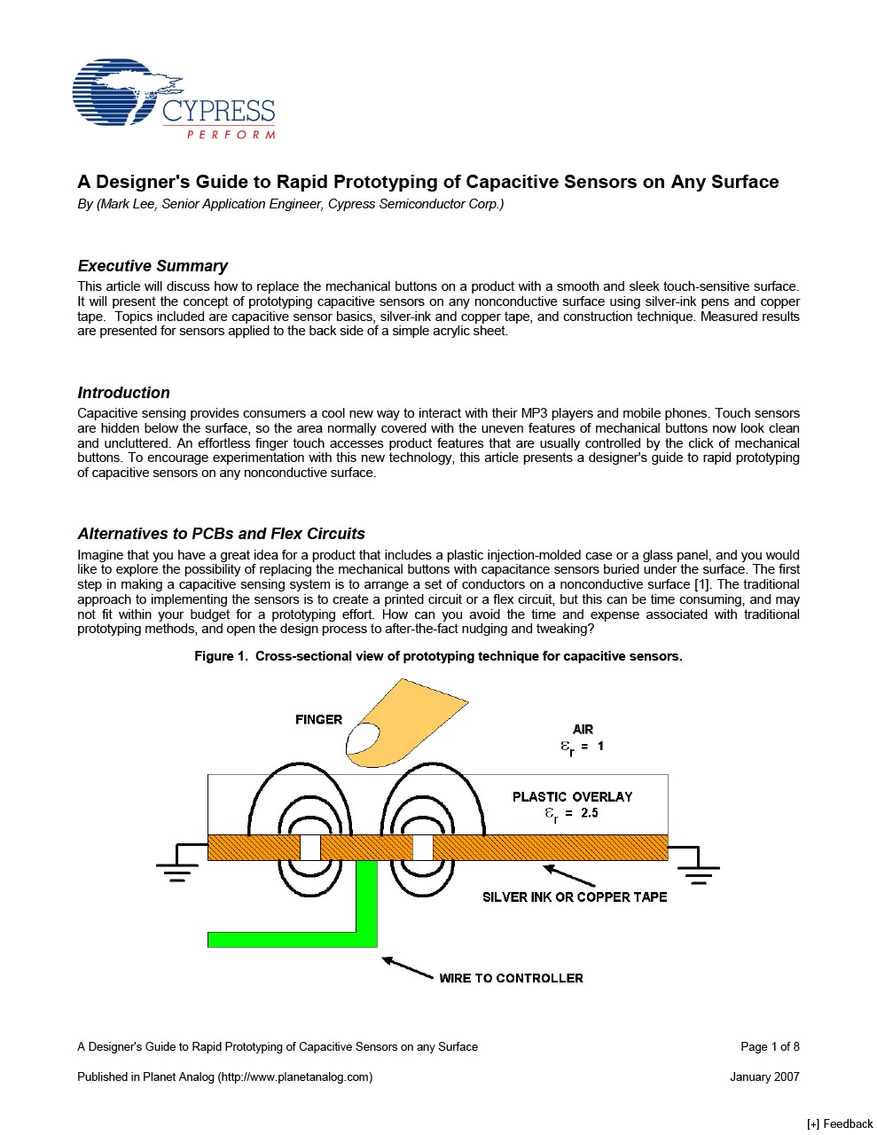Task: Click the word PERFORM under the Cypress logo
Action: point(231,135)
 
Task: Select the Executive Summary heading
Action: point(153,266)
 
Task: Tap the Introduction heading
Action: point(123,393)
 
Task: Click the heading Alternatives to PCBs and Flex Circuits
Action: point(221,534)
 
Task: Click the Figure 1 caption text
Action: point(438,656)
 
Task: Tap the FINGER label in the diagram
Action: point(318,719)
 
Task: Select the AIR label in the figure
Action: point(583,729)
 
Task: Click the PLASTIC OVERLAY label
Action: point(572,796)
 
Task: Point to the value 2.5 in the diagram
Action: point(590,813)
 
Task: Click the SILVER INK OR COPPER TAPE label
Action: point(575,896)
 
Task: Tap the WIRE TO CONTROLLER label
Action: point(511,978)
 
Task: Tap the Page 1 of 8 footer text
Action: point(770,1046)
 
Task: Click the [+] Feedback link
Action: point(839,1123)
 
